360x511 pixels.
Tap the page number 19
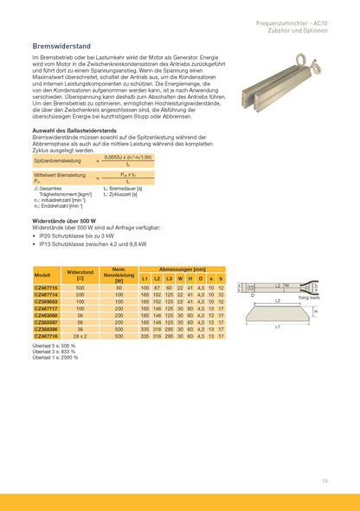tap(325, 479)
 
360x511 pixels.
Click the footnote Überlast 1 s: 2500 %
tap(59, 356)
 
